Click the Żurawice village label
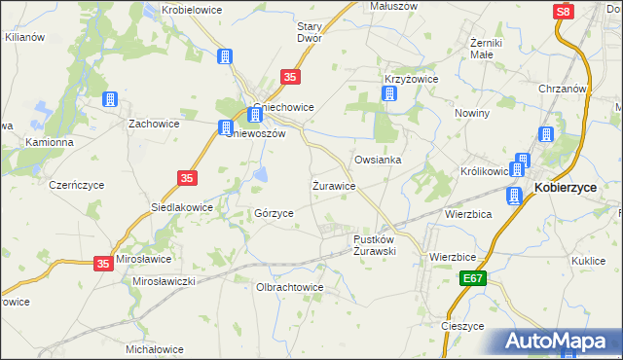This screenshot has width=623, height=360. click(x=333, y=184)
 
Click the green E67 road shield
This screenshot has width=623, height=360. click(x=472, y=279)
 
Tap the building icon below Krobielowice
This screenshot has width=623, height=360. click(x=226, y=56)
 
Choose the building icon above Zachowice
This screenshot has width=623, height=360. click(x=109, y=100)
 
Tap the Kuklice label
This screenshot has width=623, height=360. click(x=589, y=260)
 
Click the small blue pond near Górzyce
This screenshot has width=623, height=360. click(x=261, y=175)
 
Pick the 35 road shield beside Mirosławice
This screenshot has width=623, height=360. click(x=104, y=263)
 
